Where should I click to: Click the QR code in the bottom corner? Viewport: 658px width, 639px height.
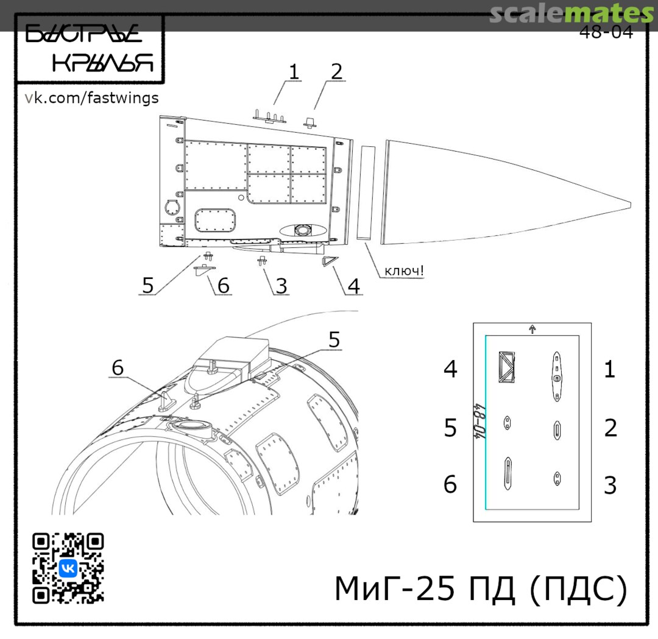tap(68, 568)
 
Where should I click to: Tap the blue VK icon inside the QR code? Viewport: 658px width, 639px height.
tap(68, 568)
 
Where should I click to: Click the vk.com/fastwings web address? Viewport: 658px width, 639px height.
tap(91, 97)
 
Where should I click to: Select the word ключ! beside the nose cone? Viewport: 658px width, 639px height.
tap(404, 271)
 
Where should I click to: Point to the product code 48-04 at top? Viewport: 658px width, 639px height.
tap(606, 32)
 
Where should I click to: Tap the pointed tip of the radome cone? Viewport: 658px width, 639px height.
tap(630, 205)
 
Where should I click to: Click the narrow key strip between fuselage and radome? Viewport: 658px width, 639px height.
tap(366, 192)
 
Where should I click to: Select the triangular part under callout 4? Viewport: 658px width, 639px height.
tap(329, 261)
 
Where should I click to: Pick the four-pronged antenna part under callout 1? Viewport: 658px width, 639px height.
tap(269, 116)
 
